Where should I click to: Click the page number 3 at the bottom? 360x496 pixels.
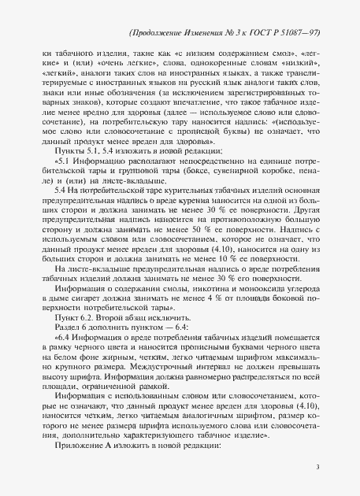click(x=316, y=467)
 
